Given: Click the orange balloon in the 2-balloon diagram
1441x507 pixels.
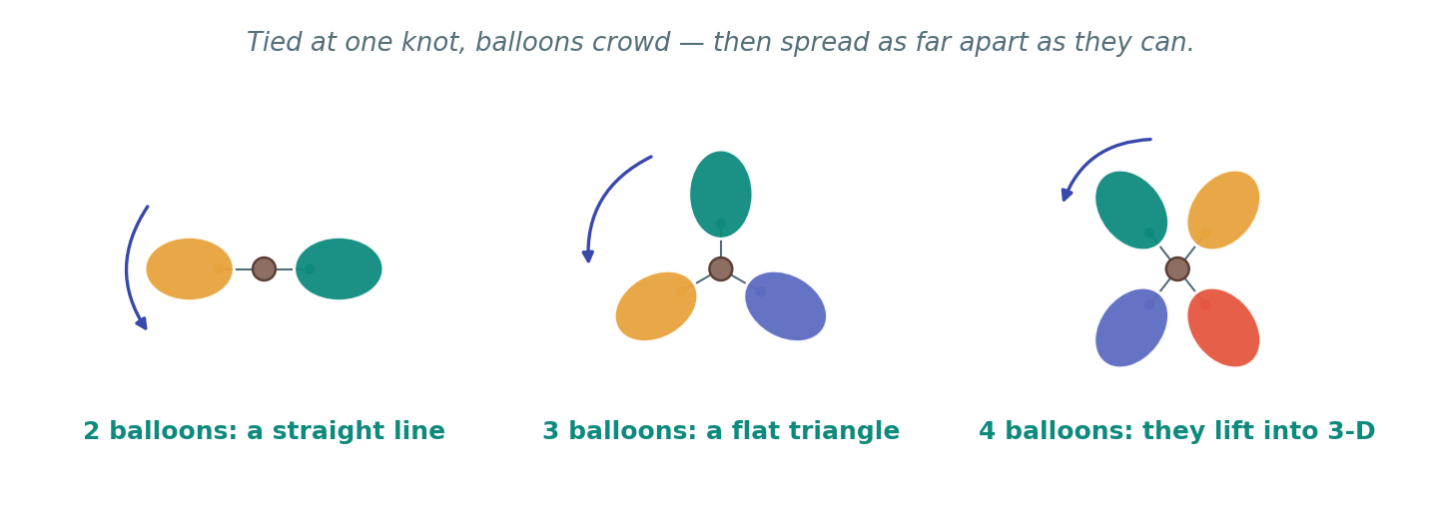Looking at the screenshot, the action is (189, 268).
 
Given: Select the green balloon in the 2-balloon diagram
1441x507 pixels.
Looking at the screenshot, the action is (339, 268).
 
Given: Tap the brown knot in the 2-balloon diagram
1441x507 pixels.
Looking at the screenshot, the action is (264, 268).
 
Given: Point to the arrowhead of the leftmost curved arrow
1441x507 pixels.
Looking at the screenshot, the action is (142, 323).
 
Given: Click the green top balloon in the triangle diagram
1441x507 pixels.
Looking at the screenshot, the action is (721, 194).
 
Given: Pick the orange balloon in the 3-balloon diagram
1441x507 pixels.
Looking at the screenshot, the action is (656, 305).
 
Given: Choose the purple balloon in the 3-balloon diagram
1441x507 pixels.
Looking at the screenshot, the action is (786, 305).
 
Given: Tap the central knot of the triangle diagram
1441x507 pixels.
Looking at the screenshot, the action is (721, 268).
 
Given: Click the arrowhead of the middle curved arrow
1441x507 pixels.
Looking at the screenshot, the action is (587, 255).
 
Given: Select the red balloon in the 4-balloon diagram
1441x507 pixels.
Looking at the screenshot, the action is (1223, 327).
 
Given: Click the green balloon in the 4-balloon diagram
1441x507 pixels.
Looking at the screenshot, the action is (1131, 211).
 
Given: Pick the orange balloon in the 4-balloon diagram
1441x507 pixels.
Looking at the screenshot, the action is (1223, 211).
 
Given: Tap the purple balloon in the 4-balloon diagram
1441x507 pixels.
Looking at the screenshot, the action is (1131, 327).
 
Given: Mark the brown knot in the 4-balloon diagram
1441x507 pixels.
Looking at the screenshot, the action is (1177, 268).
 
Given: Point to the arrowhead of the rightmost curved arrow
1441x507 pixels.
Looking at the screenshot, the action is (1067, 195).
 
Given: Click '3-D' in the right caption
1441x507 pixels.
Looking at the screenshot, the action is (1351, 430).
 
